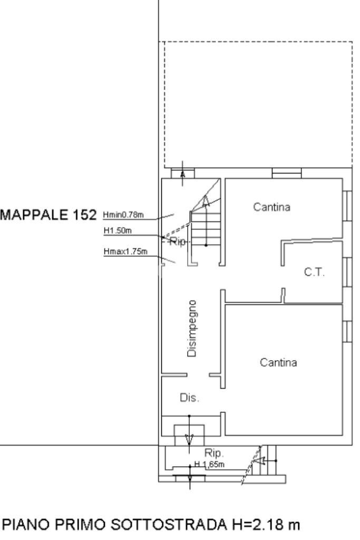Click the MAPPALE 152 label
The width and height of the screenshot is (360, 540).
pos(50,215)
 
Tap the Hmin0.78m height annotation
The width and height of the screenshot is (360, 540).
pos(124,215)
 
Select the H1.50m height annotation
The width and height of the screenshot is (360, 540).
pos(117,230)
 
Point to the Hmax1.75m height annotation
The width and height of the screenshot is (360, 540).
pos(125,251)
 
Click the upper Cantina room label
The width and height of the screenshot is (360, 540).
pos(271,207)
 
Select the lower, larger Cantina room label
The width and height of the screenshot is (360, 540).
pos(279,363)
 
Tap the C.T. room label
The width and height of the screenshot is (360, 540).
pos(315,273)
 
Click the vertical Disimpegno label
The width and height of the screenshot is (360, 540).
pos(193,329)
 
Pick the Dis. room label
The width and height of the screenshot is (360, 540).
pos(190,398)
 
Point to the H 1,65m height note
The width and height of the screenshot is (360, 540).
pos(210,464)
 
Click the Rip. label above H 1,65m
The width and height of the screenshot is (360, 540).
pos(215,453)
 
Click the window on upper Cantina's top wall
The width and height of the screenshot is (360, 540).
pos(287,173)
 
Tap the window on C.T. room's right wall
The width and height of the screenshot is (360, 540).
pos(347,272)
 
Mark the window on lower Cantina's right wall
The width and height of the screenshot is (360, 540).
pos(347,331)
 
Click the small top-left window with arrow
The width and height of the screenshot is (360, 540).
pos(183,173)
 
